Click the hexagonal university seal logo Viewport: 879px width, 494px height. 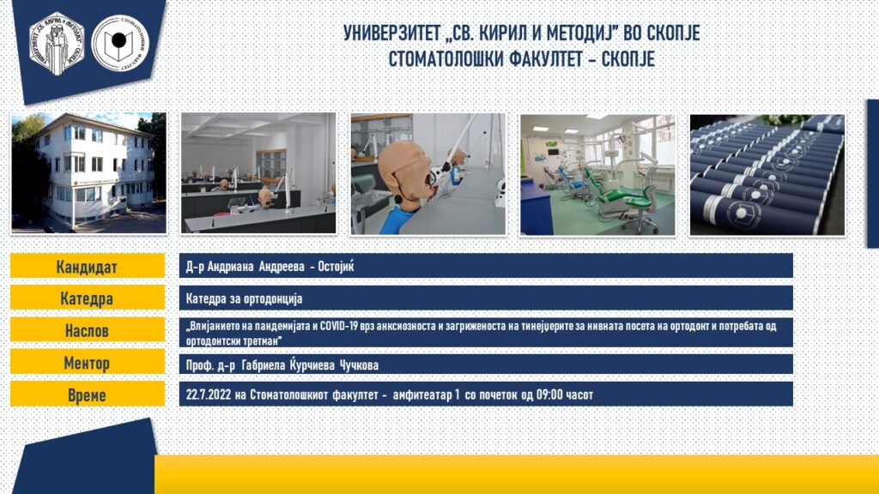click(x=57, y=43)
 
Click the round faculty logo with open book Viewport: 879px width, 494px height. click(x=119, y=43)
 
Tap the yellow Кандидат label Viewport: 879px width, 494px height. click(x=88, y=266)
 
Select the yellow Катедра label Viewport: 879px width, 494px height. click(x=88, y=298)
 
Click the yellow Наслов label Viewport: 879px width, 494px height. click(x=88, y=330)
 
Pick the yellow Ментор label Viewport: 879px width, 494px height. click(x=88, y=363)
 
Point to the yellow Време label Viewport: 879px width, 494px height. click(x=88, y=395)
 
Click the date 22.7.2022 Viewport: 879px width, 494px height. click(x=209, y=395)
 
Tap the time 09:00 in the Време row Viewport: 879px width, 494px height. click(x=549, y=395)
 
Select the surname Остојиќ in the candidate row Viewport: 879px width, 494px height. click(x=336, y=266)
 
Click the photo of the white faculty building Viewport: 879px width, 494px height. click(x=88, y=172)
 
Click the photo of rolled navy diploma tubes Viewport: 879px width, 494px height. click(x=767, y=175)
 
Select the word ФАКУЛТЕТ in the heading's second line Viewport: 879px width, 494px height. click(x=547, y=59)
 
